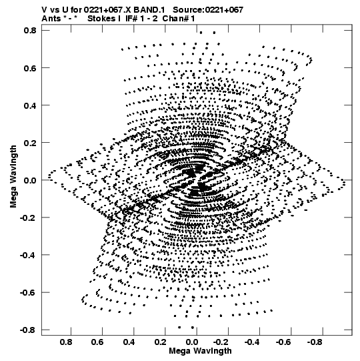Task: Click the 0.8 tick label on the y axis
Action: (30, 31)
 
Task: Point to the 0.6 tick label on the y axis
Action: (30, 68)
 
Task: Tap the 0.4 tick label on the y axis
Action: (30, 105)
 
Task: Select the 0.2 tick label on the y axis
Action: (30, 143)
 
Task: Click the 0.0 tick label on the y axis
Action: (30, 180)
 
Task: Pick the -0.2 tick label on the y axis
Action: (28, 218)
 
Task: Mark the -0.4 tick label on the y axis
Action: (28, 255)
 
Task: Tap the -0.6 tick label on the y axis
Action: (28, 293)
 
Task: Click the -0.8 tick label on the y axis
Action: (28, 330)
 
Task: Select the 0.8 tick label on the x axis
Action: (66, 342)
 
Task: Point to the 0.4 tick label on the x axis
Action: (129, 342)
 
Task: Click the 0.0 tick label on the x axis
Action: (192, 342)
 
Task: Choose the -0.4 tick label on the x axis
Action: (252, 342)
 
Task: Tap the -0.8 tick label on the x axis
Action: (315, 342)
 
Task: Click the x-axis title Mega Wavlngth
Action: (201, 351)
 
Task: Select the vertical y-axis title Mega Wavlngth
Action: (13, 176)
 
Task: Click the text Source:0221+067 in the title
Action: (208, 9)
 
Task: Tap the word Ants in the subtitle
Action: (51, 19)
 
